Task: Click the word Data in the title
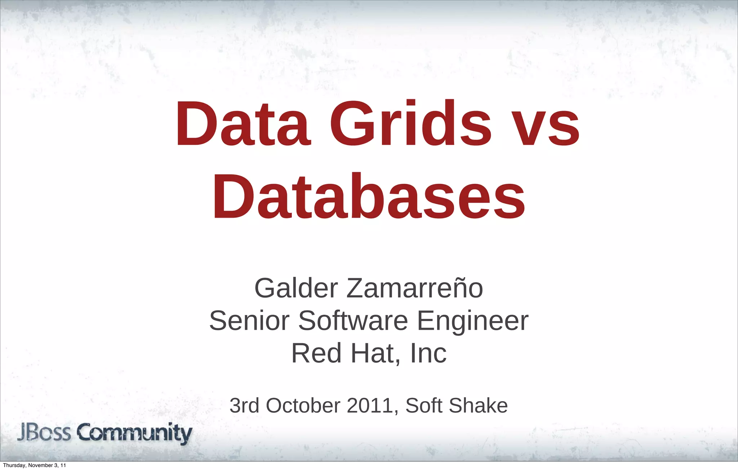(243, 124)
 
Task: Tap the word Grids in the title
(410, 124)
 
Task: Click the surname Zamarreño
(414, 288)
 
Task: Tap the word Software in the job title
(353, 320)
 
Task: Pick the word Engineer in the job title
(472, 320)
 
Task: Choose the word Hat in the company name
(375, 353)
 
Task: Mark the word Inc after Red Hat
(428, 353)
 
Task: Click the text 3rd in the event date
(244, 405)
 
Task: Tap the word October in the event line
(303, 405)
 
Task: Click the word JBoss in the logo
(44, 433)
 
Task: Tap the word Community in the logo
(135, 434)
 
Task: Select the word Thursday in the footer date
(15, 465)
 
